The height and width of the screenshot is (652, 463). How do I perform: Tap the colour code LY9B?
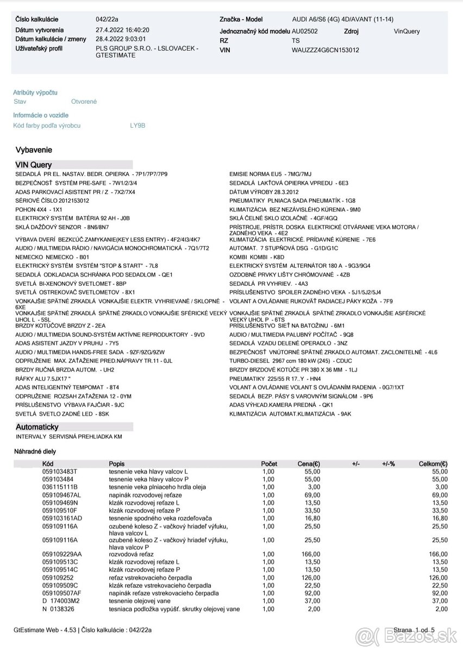(x=137, y=126)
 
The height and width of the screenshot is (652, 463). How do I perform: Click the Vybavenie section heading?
(x=34, y=150)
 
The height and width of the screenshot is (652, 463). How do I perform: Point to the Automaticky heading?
(x=37, y=427)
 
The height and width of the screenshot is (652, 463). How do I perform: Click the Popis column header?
(x=117, y=464)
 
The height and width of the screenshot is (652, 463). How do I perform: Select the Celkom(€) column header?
(x=433, y=464)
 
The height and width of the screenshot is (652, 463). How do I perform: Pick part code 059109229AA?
(x=62, y=554)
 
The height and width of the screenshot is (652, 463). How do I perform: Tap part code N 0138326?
(x=58, y=610)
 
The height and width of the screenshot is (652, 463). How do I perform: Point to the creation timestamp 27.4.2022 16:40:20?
(x=122, y=30)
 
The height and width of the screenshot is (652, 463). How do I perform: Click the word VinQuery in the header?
(x=406, y=32)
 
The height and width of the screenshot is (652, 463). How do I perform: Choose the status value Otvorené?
(x=84, y=102)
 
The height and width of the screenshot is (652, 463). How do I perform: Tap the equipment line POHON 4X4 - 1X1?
(x=39, y=209)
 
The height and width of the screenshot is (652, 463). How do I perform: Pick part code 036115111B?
(x=60, y=487)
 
